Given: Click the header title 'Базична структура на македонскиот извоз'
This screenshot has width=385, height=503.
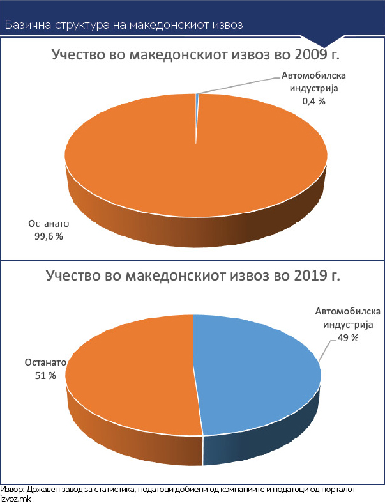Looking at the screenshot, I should click(125, 25).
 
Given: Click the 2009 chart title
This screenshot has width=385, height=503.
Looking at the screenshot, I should click(194, 55).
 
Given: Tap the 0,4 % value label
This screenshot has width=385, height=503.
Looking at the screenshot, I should click(313, 100).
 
